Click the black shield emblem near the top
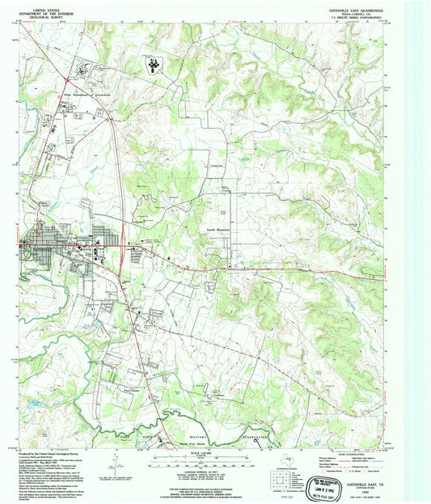[151, 62]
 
